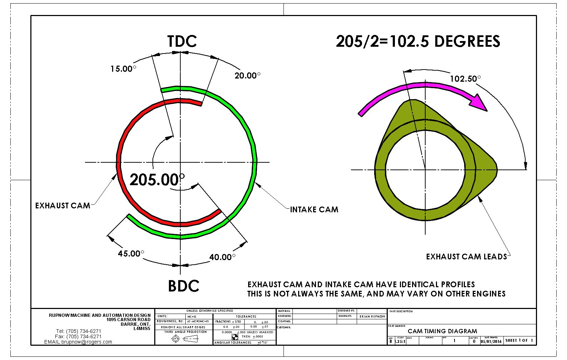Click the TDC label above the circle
182,41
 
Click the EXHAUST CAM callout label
62,206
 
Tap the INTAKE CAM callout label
314,210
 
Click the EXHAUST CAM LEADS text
466,257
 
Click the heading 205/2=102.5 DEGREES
418,41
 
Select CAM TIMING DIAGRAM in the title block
442,331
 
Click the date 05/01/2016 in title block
491,341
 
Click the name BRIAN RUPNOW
372,316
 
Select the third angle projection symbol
185,339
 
